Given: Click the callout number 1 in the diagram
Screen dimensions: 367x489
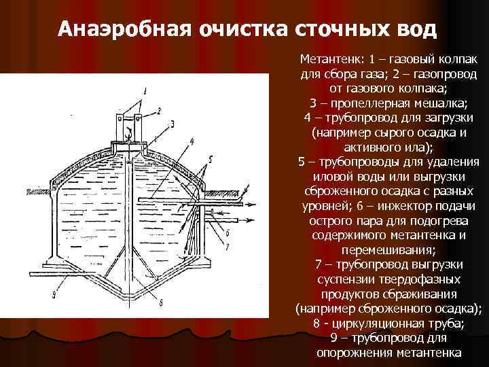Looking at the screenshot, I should (x=144, y=90).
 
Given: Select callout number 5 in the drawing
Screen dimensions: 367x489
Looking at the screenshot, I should (x=211, y=158).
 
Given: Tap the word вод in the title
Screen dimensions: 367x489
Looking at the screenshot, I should (x=410, y=30).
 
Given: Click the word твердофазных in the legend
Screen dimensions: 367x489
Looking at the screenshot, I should (x=419, y=279).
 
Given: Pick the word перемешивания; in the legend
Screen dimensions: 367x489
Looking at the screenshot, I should (x=388, y=249).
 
